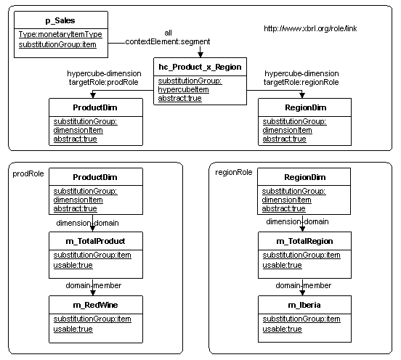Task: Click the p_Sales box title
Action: (x=60, y=20)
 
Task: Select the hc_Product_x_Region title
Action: (x=200, y=67)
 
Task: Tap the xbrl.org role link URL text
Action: (x=310, y=28)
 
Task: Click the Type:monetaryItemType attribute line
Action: (x=60, y=34)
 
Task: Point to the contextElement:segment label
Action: (x=168, y=41)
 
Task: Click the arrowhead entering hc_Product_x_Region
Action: (x=200, y=54)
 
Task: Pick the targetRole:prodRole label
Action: (x=104, y=82)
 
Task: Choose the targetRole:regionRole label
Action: (x=301, y=82)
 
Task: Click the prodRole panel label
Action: (x=28, y=173)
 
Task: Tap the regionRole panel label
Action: (x=234, y=173)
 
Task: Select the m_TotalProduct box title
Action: (x=95, y=241)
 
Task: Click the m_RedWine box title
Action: (x=95, y=305)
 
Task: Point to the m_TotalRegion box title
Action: (x=304, y=241)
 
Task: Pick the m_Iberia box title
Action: (x=304, y=305)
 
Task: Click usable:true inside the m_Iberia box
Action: (x=282, y=329)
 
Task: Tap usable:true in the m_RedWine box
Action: (x=73, y=329)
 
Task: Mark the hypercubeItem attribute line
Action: (x=183, y=90)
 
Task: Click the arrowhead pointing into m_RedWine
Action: (x=93, y=292)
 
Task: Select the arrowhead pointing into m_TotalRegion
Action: (x=302, y=229)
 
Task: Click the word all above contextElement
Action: (x=168, y=33)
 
